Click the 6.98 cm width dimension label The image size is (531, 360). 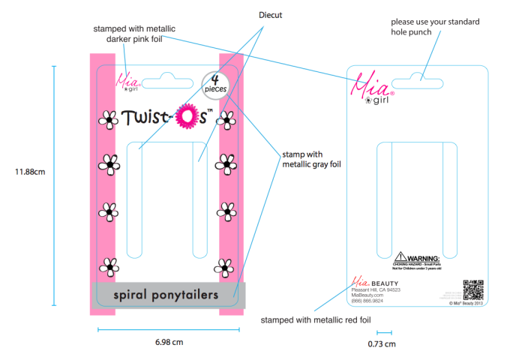(x=169, y=343)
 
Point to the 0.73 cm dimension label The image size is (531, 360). (x=382, y=344)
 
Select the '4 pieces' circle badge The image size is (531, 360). (x=215, y=84)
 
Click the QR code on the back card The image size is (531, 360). (x=472, y=288)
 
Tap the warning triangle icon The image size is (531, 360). (x=400, y=256)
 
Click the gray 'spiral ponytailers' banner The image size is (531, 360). (x=168, y=295)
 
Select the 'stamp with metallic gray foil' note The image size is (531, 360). (x=311, y=159)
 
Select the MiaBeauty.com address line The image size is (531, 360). (x=367, y=295)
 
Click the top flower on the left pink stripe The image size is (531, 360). (x=109, y=120)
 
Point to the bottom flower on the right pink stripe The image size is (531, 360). (x=223, y=265)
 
